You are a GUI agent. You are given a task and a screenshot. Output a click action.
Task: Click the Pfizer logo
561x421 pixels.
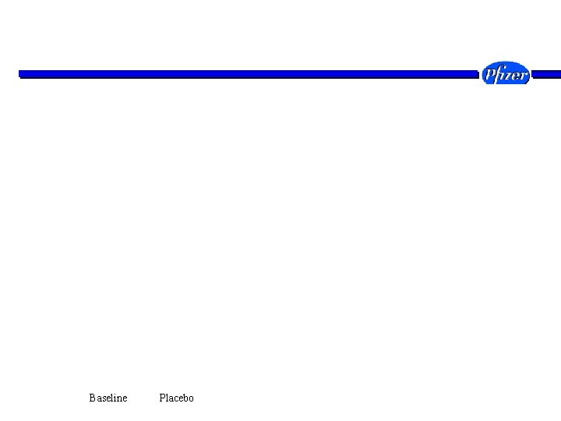(505, 73)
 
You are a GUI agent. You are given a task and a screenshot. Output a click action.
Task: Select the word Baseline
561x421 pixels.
(108, 398)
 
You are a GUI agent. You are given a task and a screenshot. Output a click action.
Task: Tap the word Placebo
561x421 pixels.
(176, 398)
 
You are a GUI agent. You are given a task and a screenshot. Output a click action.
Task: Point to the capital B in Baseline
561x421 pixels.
(92, 398)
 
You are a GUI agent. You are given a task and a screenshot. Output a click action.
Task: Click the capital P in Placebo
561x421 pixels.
(162, 398)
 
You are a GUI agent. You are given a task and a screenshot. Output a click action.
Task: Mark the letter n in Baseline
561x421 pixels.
(118, 399)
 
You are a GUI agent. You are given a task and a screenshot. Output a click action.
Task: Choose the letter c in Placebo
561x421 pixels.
(175, 399)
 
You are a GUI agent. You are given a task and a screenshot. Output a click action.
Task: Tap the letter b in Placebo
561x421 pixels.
(186, 398)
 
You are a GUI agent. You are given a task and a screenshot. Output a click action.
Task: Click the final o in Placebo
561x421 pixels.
(192, 399)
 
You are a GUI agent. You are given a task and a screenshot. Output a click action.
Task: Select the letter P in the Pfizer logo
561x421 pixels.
(489, 73)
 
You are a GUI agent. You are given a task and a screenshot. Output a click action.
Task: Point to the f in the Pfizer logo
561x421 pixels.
(498, 74)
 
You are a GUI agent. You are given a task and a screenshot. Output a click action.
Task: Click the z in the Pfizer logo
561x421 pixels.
(509, 75)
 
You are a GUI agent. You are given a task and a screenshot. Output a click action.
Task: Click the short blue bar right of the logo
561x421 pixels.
(546, 75)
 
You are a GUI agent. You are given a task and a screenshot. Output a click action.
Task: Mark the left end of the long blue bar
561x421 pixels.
(19, 75)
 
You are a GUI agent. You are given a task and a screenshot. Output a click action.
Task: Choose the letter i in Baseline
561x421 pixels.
(114, 398)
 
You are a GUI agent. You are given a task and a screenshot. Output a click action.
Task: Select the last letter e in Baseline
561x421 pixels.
(125, 399)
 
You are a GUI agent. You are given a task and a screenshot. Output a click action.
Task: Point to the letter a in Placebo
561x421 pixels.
(171, 399)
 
